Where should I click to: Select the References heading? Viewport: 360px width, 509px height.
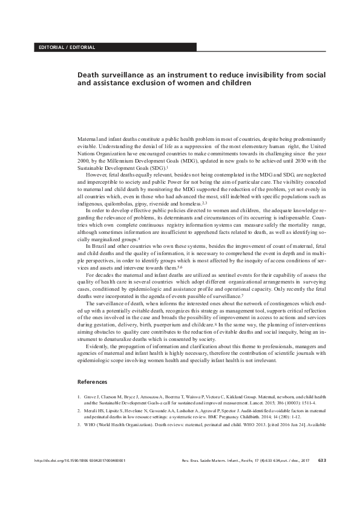pyautogui.click(x=93, y=382)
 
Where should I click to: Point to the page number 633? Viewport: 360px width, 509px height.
pyautogui.click(x=322, y=478)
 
